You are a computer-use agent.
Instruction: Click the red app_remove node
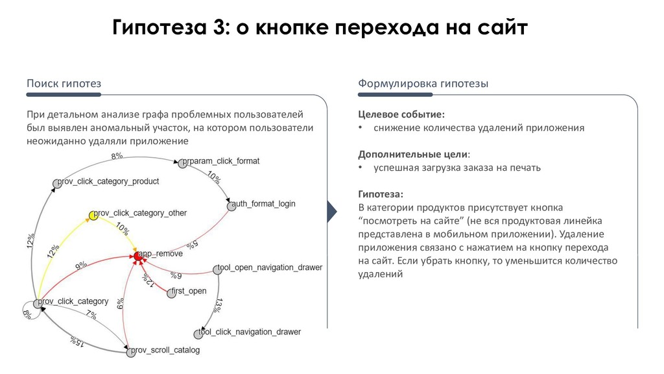click(x=137, y=257)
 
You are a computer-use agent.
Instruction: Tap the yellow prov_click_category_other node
click(x=93, y=216)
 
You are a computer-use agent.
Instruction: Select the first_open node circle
click(x=171, y=293)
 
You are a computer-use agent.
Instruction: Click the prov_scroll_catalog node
click(x=129, y=351)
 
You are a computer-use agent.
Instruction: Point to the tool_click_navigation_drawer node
click(x=198, y=334)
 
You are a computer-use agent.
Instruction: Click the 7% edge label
click(x=91, y=316)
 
